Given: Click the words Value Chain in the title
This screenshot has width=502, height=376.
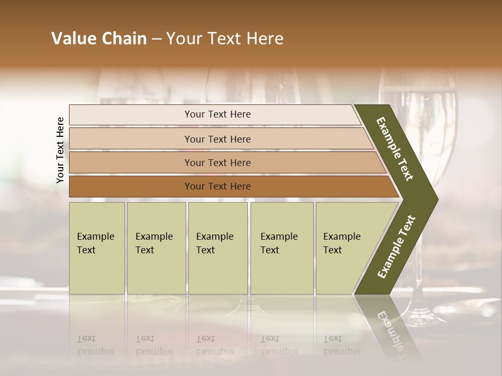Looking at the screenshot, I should point(99,39).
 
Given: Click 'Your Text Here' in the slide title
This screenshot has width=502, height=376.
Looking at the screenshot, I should point(225,39).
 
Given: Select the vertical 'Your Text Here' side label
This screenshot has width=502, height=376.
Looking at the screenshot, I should point(60,150).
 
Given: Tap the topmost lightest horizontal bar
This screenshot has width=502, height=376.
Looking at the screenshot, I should point(214,115).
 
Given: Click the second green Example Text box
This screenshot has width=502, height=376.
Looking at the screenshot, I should point(156,248).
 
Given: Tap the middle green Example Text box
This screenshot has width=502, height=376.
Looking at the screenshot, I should point(218,248).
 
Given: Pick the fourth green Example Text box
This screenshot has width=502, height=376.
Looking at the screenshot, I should point(282,248).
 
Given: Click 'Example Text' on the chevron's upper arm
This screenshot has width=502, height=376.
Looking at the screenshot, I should point(395,149).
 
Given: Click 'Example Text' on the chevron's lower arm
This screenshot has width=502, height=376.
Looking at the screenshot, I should point(396,247).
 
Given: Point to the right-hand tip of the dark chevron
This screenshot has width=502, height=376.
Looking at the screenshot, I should point(437,199).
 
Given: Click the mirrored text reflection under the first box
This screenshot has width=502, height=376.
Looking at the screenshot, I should point(95,345).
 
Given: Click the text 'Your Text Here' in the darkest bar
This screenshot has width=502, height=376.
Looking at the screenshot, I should point(218,186).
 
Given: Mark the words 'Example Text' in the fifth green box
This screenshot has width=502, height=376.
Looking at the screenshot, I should point(341,243).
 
